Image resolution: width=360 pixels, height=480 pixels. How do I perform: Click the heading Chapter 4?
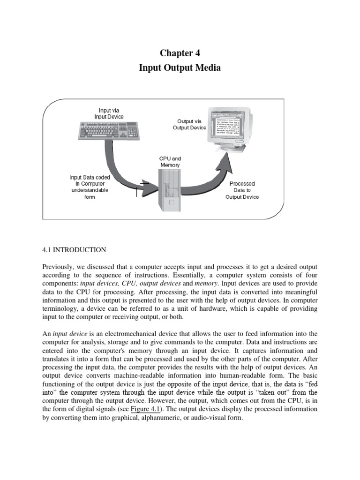tap(180, 53)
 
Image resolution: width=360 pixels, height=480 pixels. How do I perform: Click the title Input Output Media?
tap(180, 68)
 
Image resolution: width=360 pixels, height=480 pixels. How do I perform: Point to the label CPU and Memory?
tap(170, 162)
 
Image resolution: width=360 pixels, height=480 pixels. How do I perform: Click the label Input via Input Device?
tap(109, 113)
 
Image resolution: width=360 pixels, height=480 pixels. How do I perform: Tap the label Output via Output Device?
tap(189, 124)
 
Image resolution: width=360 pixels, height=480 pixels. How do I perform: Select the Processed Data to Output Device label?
tap(242, 190)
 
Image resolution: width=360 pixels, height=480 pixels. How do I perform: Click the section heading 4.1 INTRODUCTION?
tap(74, 250)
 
